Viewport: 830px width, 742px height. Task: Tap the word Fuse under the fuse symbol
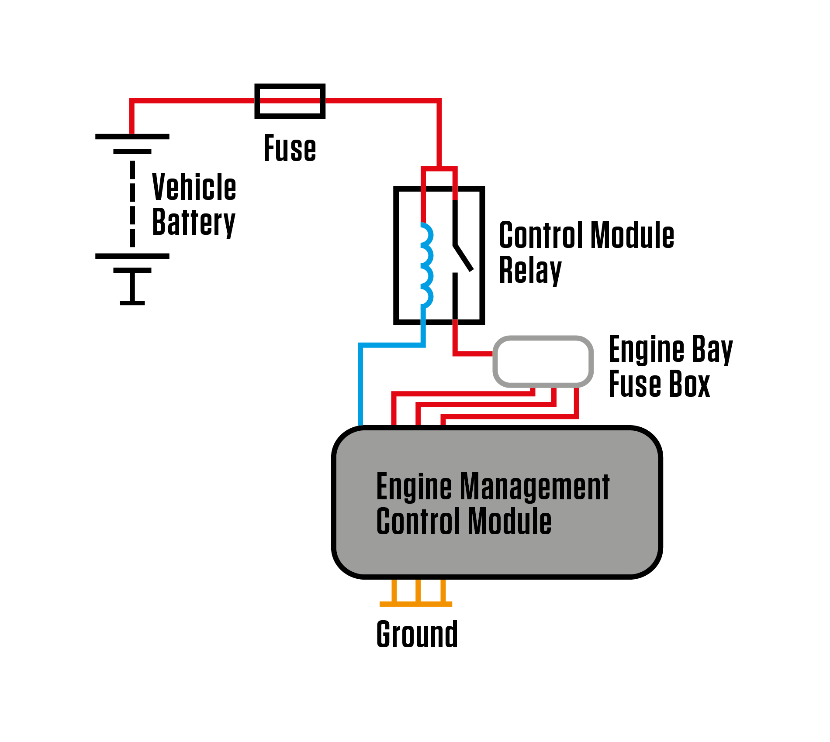point(290,148)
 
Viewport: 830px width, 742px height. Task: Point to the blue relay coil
point(427,264)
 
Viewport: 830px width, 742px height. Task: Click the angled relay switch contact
point(463,258)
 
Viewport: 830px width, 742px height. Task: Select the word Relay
point(530,271)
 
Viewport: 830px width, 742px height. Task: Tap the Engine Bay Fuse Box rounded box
point(543,361)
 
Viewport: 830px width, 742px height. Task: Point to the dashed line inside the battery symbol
point(132,203)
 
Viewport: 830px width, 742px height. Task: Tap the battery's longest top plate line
point(132,137)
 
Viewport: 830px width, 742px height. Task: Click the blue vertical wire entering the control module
point(360,384)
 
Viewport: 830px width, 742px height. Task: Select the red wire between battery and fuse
point(192,101)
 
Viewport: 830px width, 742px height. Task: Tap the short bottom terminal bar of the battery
point(132,303)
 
